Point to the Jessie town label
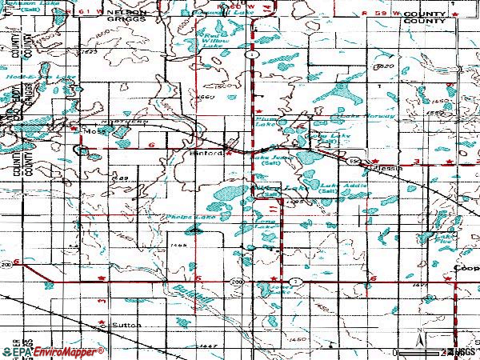point(389,169)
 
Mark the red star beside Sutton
point(101,326)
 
